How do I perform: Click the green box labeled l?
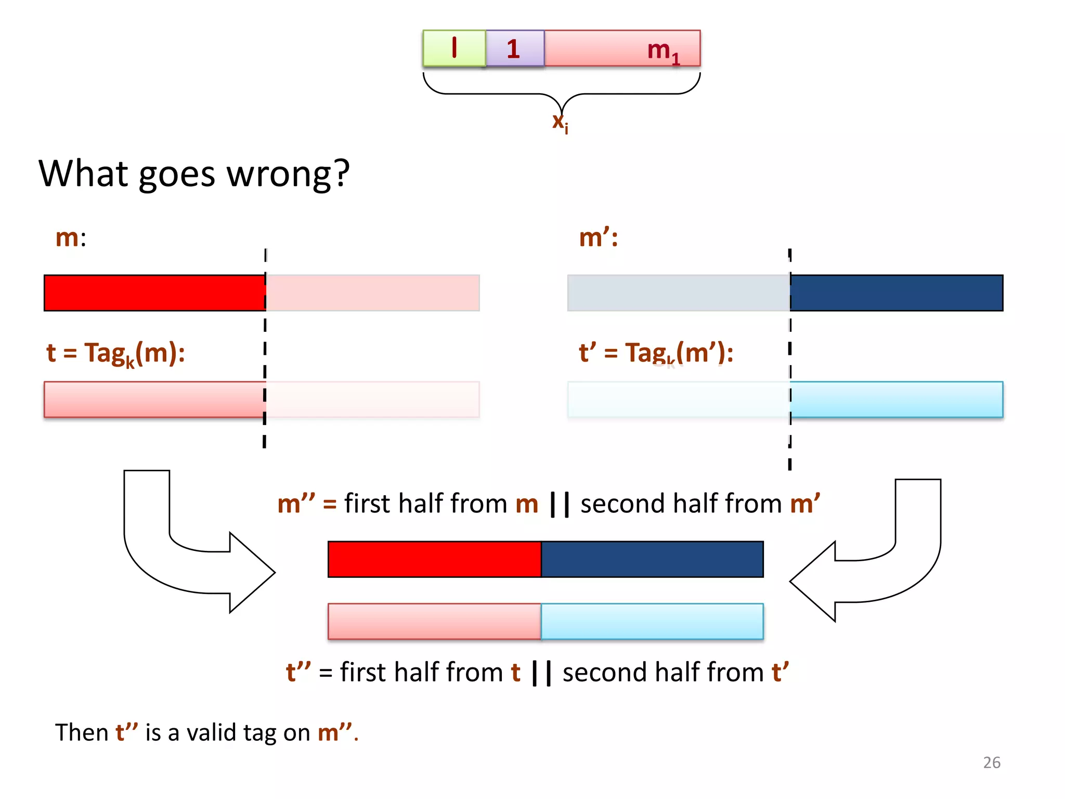point(454,48)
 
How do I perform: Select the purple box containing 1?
point(514,48)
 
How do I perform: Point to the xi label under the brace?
point(560,122)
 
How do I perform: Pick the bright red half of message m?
point(154,293)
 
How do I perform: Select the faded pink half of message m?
point(372,293)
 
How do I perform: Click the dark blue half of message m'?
point(896,293)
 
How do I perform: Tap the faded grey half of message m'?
point(678,293)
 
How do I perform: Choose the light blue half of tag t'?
point(896,399)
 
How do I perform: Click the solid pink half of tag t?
point(154,399)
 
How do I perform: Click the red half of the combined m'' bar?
point(434,559)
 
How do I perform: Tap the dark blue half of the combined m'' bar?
point(652,559)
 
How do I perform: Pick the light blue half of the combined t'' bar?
point(652,621)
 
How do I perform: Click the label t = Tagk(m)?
point(115,354)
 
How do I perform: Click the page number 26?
point(991,763)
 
